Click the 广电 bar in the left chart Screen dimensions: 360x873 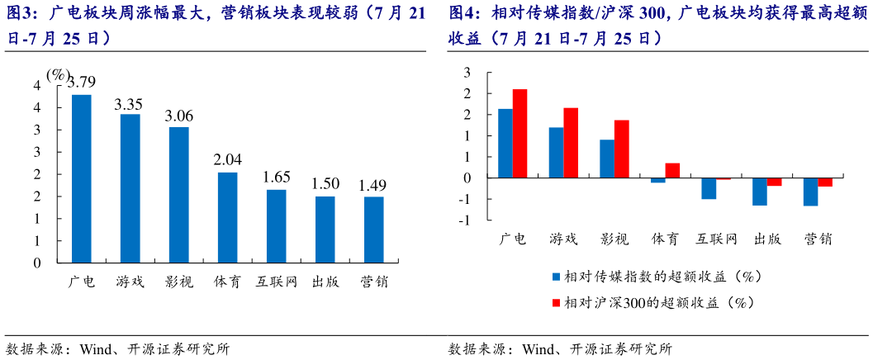[82, 178]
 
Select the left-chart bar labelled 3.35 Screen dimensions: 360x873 [130, 188]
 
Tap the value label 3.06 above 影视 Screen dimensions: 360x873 [179, 116]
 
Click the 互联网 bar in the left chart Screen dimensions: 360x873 [276, 226]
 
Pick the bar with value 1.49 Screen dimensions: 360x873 [373, 230]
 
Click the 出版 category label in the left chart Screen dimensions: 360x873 [325, 282]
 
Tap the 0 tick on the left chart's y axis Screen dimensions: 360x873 [36, 263]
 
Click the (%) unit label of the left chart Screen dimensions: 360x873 [58, 74]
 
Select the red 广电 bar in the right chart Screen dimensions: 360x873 [520, 134]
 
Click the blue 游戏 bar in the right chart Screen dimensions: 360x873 [556, 153]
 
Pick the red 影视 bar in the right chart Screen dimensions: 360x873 [621, 149]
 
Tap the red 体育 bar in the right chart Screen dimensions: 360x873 [672, 170]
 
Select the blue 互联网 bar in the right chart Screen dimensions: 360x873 [709, 188]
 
